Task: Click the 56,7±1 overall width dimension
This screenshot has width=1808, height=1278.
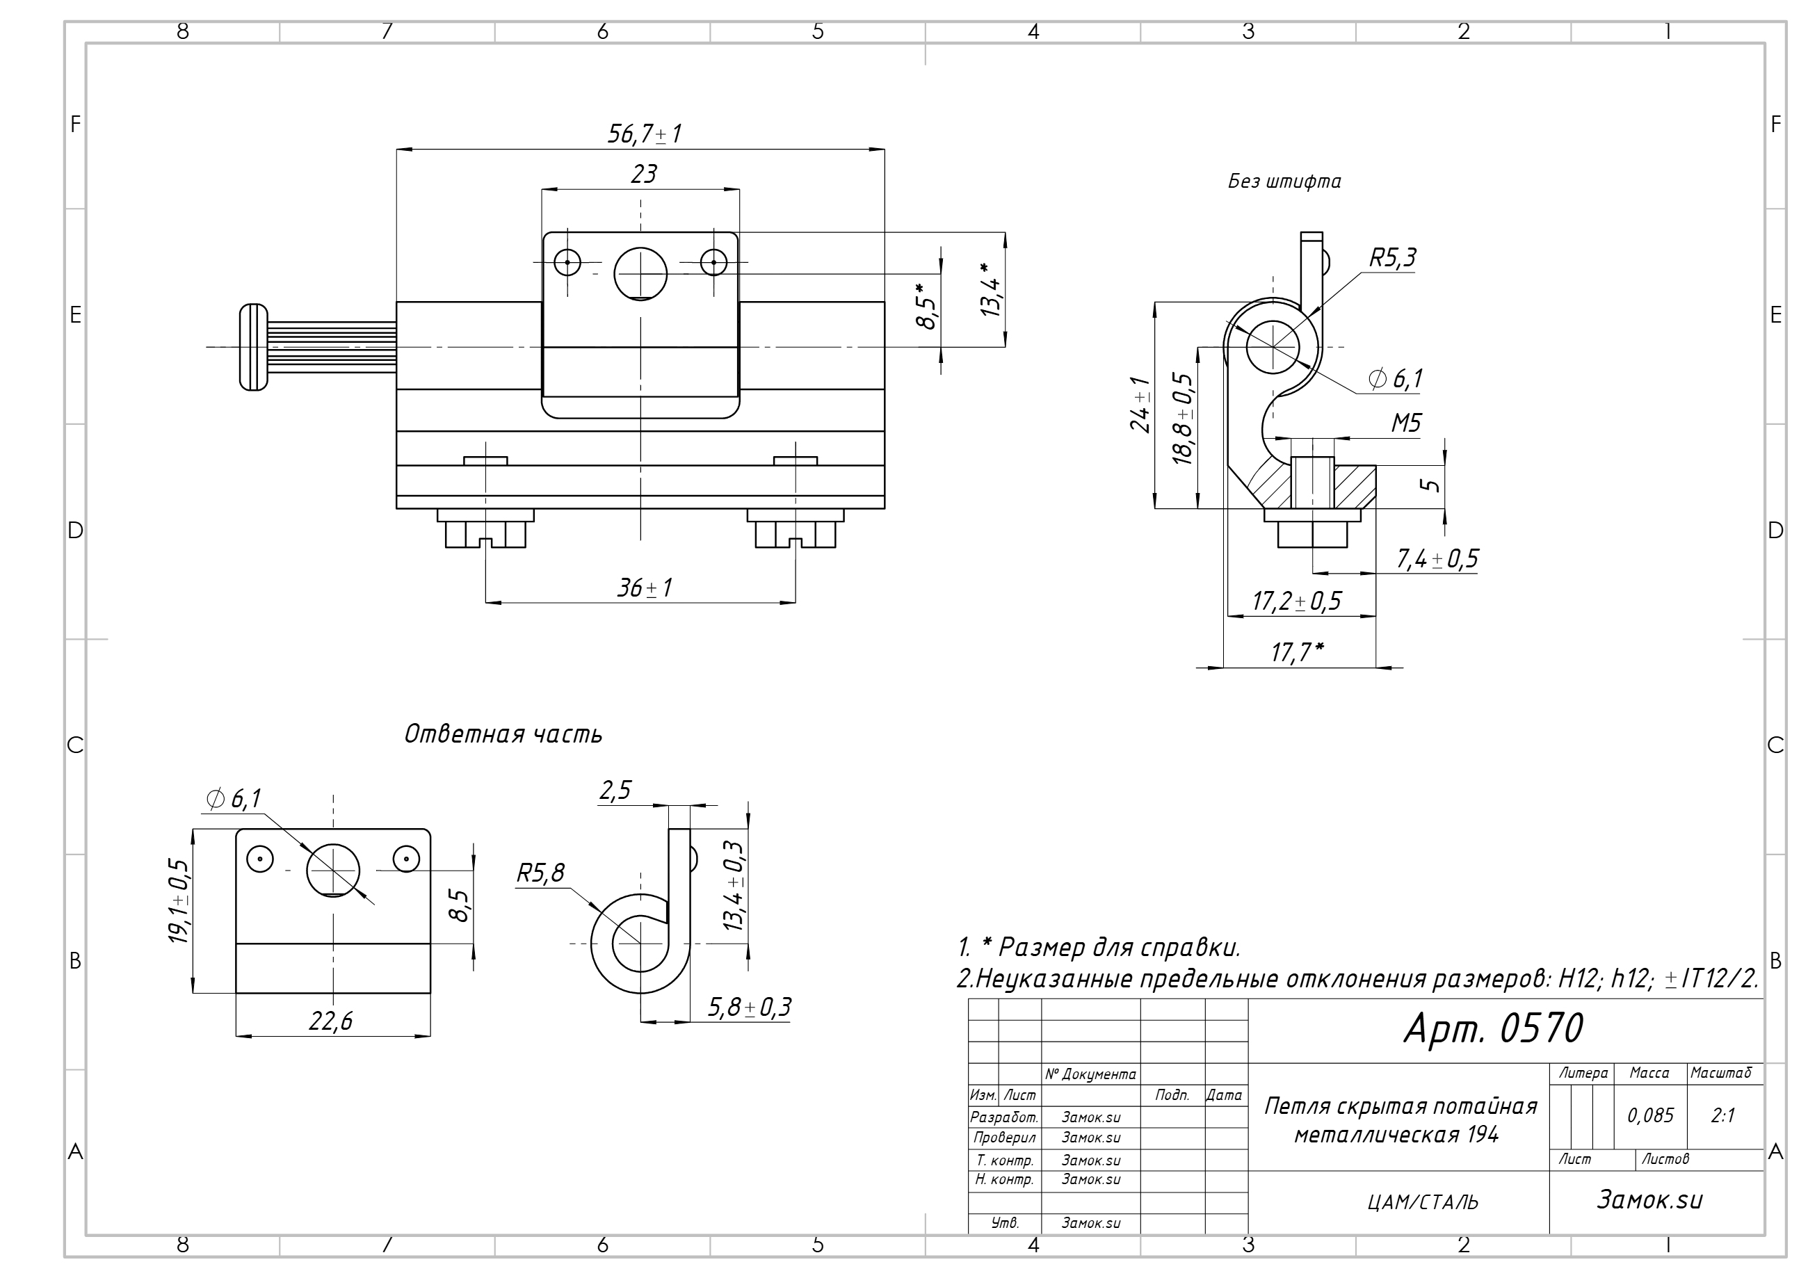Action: [644, 134]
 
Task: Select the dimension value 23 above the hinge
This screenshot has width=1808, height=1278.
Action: [643, 174]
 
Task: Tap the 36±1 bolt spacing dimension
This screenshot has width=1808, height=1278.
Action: [644, 588]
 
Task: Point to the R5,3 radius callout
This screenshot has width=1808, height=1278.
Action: [1392, 257]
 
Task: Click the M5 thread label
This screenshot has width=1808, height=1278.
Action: [1405, 423]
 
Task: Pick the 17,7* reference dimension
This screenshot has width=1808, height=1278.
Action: [1297, 652]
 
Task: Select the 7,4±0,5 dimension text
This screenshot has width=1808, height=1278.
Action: [1437, 559]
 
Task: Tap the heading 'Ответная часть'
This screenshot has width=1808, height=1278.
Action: [502, 734]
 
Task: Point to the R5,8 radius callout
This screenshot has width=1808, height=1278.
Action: [540, 873]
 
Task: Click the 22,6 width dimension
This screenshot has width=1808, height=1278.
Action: [331, 1021]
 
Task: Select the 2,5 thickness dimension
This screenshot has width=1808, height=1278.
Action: [615, 790]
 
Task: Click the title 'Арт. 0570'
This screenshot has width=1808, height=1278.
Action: [1493, 1028]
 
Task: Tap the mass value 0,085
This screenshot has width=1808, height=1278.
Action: [1649, 1115]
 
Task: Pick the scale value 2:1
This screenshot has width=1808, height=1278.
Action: [1723, 1115]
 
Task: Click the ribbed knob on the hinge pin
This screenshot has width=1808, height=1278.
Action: [254, 347]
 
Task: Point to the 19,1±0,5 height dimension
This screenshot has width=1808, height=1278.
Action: [178, 902]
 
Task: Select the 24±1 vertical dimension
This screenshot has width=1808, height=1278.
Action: [1141, 405]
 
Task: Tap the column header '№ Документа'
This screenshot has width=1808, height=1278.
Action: [1090, 1074]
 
